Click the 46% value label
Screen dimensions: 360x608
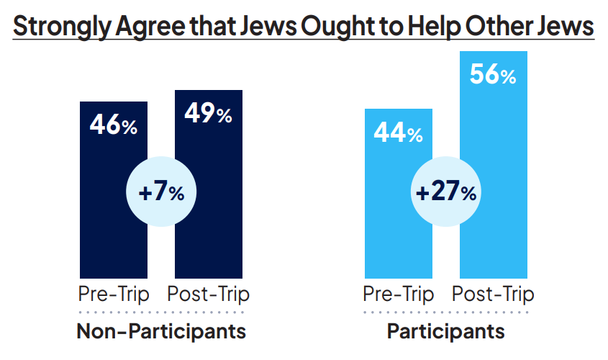pos(113,125)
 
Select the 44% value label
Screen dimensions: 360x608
pos(398,132)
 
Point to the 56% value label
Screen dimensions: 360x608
pos(493,75)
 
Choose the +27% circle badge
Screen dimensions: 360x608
pos(446,192)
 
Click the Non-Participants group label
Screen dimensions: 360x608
pos(161,332)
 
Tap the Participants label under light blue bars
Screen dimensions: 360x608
pos(446,332)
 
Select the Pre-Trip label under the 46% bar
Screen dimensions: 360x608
pos(113,294)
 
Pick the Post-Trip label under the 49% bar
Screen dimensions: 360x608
pos(208,294)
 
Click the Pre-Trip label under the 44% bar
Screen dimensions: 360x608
pos(398,294)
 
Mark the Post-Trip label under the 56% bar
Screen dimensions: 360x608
pos(493,294)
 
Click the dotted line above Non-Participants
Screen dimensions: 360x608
pos(161,312)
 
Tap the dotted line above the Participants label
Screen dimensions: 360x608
pos(446,312)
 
